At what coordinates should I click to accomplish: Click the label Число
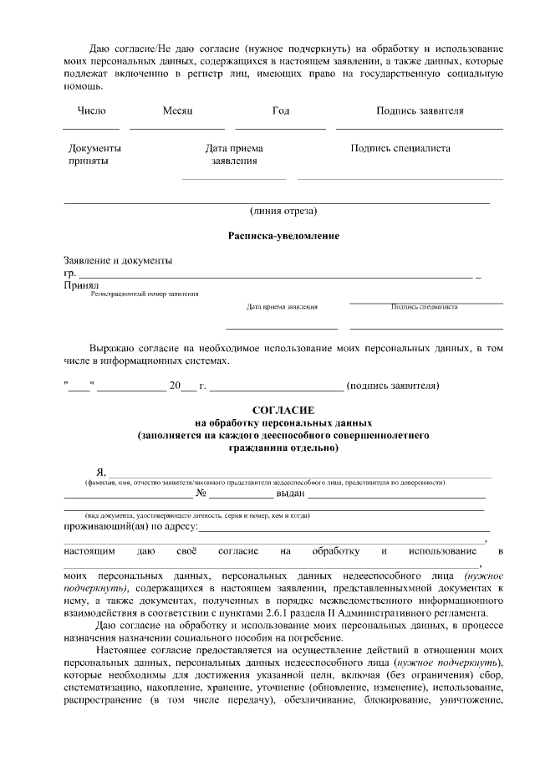(91, 110)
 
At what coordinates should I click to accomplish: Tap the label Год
(281, 110)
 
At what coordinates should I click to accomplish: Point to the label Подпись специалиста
(400, 149)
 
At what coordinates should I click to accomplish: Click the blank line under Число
(90, 129)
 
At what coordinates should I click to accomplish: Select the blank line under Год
(280, 129)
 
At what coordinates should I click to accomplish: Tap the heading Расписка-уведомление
(283, 237)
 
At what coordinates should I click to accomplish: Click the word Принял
(81, 285)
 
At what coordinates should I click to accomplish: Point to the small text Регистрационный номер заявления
(145, 294)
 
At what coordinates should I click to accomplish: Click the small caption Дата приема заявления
(282, 307)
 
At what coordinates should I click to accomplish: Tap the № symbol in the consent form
(201, 493)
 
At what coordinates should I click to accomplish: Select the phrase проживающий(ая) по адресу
(131, 527)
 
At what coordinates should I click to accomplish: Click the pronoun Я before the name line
(101, 473)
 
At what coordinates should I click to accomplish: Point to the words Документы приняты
(94, 155)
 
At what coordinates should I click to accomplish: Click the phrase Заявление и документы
(118, 261)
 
